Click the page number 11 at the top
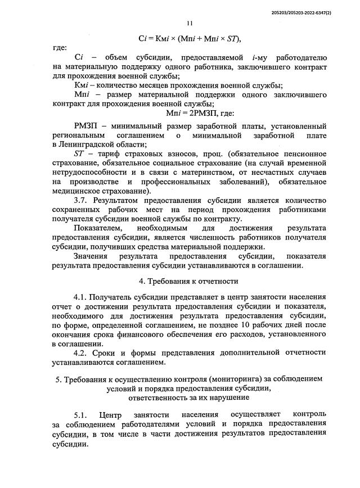pos(189,23)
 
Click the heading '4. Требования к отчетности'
pos(188,281)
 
